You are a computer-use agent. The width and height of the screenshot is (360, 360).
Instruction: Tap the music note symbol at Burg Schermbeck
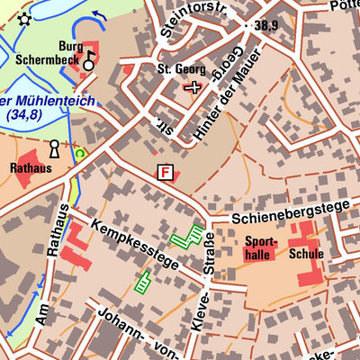(x=89, y=61)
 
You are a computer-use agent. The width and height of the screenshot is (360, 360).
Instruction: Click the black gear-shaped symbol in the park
(x=23, y=19)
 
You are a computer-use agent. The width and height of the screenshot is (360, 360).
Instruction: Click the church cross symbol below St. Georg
(x=192, y=86)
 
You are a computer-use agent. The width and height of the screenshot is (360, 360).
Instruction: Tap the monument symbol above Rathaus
(x=54, y=148)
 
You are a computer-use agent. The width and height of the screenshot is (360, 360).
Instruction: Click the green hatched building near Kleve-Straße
(x=187, y=237)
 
